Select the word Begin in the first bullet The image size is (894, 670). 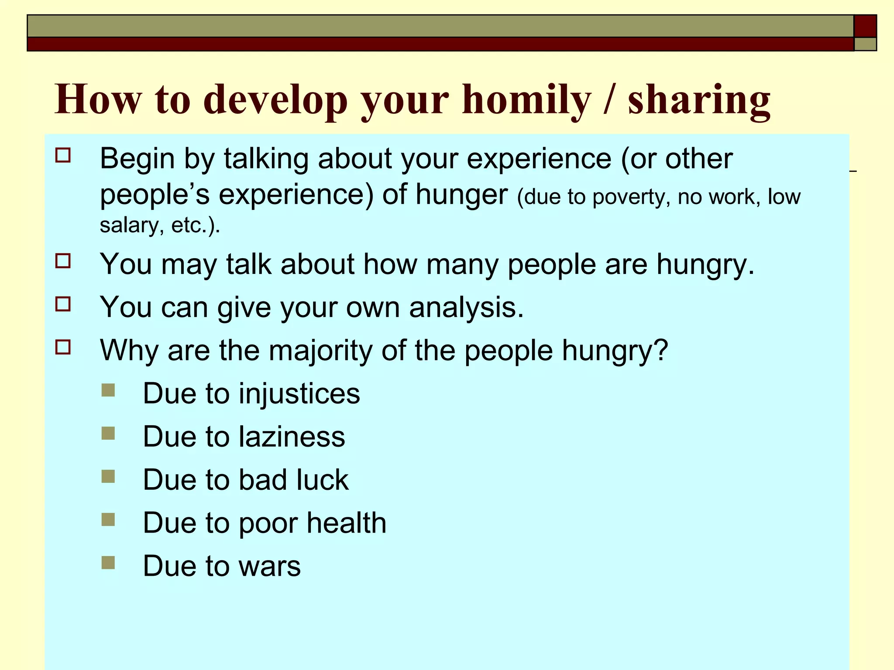[137, 159]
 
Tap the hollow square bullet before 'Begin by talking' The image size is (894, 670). [63, 155]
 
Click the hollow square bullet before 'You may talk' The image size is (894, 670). [63, 261]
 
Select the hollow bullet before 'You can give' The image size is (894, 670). [63, 304]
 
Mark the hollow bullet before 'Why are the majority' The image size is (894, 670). [63, 347]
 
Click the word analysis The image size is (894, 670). [466, 308]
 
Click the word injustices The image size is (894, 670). [299, 393]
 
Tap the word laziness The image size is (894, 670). [292, 437]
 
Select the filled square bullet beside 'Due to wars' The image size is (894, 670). [108, 563]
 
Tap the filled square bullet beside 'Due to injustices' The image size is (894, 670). [108, 390]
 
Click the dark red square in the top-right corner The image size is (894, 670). [865, 26]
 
